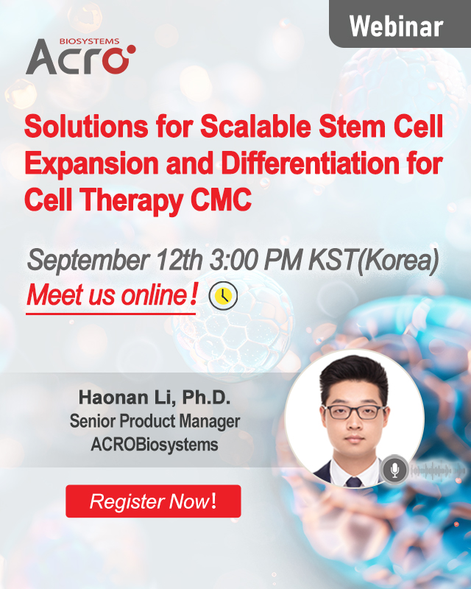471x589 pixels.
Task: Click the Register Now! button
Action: click(153, 501)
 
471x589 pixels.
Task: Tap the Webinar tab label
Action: click(396, 27)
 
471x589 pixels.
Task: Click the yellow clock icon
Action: click(223, 295)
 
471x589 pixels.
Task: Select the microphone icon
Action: click(394, 469)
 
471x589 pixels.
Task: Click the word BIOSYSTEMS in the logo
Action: click(89, 41)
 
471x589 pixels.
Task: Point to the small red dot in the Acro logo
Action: click(131, 49)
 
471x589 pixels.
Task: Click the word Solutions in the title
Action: click(86, 127)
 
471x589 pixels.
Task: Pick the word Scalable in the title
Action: click(255, 127)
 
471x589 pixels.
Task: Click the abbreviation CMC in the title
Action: click(222, 200)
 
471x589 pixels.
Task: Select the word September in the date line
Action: click(88, 261)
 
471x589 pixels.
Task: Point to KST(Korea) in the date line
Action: click(374, 261)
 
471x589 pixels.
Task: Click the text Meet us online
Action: click(111, 295)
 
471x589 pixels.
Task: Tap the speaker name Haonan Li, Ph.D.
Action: click(155, 398)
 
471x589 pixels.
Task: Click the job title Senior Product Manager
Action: click(155, 421)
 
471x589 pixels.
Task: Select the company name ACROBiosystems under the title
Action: click(155, 445)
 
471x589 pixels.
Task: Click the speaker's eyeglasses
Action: click(355, 412)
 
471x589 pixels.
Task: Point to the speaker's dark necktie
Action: click(353, 482)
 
